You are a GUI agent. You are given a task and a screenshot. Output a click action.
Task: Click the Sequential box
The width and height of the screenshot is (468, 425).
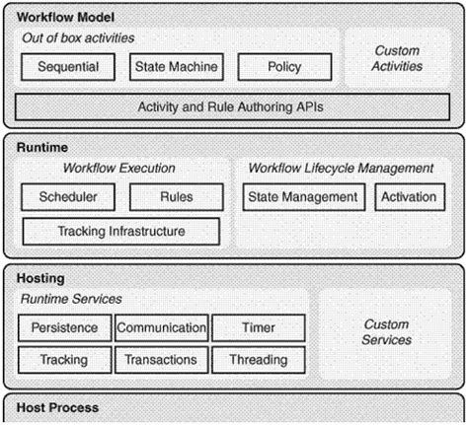(x=68, y=67)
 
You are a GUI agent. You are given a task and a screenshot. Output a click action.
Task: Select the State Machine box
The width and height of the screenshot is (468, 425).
(x=177, y=67)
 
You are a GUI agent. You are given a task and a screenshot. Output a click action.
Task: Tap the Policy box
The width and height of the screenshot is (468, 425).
(x=284, y=67)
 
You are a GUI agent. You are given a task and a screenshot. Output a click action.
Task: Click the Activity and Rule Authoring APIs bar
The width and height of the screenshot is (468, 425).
(x=232, y=107)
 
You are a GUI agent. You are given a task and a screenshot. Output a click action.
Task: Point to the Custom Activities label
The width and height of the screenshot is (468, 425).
(x=397, y=58)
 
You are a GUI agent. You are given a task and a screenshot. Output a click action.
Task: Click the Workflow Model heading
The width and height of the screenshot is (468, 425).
(x=65, y=17)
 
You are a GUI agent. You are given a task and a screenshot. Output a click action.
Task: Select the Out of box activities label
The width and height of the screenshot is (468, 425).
(x=78, y=38)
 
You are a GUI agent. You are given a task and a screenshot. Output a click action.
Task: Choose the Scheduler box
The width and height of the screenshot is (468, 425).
(x=68, y=197)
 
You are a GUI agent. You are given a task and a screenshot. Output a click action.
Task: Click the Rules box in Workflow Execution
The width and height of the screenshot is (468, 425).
(x=177, y=197)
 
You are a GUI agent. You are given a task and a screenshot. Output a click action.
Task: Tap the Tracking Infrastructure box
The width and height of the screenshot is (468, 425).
(x=121, y=232)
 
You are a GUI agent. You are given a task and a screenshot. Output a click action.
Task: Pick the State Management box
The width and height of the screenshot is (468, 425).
(x=304, y=197)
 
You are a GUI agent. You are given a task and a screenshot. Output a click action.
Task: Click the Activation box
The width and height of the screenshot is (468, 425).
(x=410, y=197)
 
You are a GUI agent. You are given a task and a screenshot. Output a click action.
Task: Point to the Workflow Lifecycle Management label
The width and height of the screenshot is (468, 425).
(x=341, y=169)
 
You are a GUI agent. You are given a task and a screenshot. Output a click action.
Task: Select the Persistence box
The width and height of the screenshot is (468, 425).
(x=65, y=328)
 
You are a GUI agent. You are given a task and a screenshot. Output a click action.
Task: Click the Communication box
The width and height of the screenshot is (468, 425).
(x=162, y=328)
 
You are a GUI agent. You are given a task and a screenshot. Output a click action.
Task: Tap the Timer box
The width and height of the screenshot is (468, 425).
(x=259, y=328)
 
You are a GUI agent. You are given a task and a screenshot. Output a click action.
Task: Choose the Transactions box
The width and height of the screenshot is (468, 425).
(x=162, y=360)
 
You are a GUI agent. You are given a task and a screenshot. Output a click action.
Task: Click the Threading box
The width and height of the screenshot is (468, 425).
(x=259, y=360)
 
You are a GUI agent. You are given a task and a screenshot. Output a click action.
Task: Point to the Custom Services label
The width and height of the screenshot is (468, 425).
(x=387, y=332)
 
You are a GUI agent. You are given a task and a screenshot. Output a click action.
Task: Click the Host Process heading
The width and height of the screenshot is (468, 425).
(x=57, y=408)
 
